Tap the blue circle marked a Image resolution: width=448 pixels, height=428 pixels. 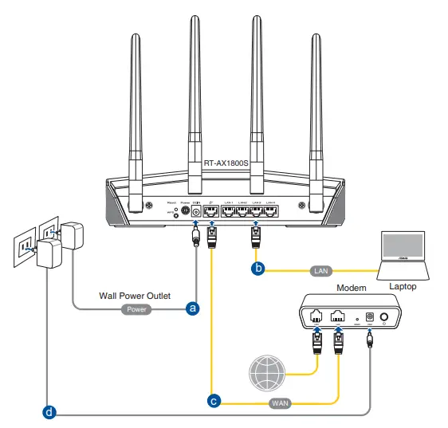tap(191, 308)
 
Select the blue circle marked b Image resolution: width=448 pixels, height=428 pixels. tap(257, 269)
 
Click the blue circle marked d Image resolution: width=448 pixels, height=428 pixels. tap(50, 412)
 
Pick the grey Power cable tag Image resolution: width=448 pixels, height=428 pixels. tap(136, 308)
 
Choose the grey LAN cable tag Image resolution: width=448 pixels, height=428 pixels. tap(320, 271)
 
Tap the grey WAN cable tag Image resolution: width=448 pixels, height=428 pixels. tap(280, 402)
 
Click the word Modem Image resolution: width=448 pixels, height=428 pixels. tap(351, 287)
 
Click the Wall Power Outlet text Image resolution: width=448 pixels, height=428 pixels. tap(134, 294)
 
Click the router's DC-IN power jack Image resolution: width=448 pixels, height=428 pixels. tap(195, 212)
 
